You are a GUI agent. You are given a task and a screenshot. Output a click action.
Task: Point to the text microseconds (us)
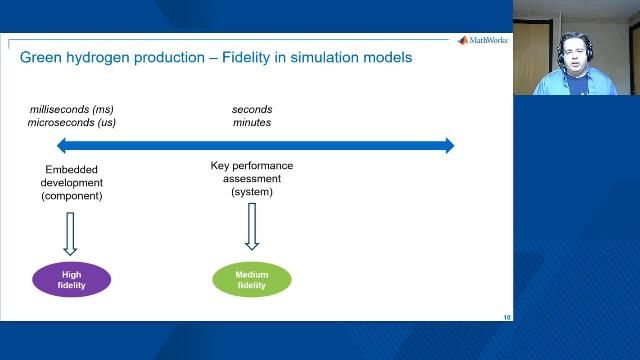point(72,123)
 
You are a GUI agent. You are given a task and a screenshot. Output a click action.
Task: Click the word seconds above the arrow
point(252,109)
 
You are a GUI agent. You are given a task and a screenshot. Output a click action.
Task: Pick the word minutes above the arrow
point(252,123)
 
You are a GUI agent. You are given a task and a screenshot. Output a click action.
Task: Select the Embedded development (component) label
point(71,183)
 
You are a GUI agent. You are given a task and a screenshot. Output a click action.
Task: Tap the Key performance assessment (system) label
point(252,178)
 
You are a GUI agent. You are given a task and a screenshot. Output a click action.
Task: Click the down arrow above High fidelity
point(71,232)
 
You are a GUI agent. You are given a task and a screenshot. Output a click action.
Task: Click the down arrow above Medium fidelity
point(252,226)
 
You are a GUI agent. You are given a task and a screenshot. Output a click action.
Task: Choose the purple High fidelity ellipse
point(71,280)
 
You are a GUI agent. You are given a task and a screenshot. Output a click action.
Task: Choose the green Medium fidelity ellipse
point(252,280)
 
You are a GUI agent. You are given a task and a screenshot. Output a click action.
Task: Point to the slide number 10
point(506,317)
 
